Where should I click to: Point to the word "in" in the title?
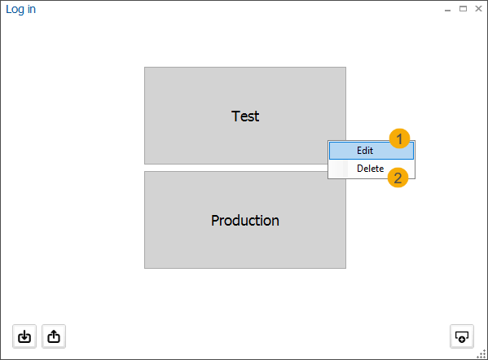pos(31,10)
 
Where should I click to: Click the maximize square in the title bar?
pos(463,9)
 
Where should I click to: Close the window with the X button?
pos(477,9)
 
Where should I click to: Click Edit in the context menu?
pos(365,151)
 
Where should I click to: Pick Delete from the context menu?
pos(370,169)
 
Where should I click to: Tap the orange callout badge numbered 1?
pos(399,138)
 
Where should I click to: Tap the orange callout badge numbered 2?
pos(398,178)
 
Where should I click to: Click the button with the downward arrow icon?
pos(24,336)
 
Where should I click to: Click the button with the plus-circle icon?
pos(462,336)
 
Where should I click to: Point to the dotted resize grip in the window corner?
pos(481,353)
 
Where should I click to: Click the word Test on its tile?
pos(245,116)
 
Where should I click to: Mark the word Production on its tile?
pos(245,221)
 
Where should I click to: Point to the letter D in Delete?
pos(360,169)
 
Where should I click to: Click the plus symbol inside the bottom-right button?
pos(463,338)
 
